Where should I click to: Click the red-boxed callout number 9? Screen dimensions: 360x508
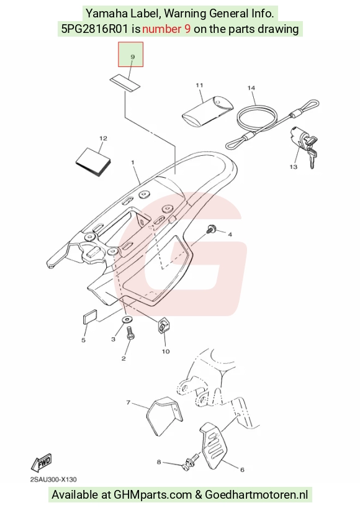[x=132, y=57]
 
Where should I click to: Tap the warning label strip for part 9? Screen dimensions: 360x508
[x=125, y=83]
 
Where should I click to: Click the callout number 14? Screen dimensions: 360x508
[x=251, y=88]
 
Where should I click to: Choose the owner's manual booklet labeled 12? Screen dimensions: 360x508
[x=93, y=163]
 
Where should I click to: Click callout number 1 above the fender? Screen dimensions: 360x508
[x=132, y=162]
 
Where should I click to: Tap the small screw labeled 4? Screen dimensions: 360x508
[x=212, y=229]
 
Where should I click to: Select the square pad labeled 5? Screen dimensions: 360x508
[x=89, y=317]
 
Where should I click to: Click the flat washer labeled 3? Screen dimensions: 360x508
[x=127, y=320]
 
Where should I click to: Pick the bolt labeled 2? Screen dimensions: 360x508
[x=130, y=333]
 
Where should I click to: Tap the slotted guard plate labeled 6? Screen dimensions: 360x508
[x=214, y=445]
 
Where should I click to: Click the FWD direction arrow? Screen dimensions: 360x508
[x=42, y=462]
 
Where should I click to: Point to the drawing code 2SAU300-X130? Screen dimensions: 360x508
[x=53, y=479]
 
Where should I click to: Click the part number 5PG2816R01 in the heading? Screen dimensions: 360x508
[x=96, y=29]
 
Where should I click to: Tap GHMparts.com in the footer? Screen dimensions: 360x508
[x=153, y=495]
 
